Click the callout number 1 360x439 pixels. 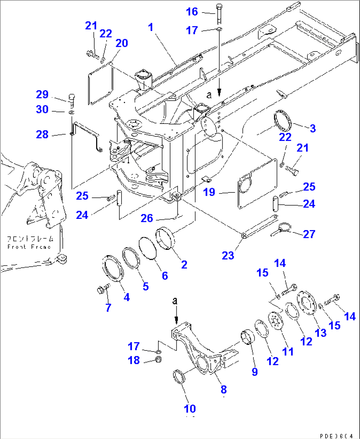[x=151, y=27]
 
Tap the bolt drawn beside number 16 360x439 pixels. [x=219, y=14]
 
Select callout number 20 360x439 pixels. [x=122, y=43]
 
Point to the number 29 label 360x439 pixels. [x=42, y=94]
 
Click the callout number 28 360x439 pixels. [x=42, y=134]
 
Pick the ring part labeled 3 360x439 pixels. [x=283, y=122]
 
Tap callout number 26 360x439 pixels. [x=147, y=218]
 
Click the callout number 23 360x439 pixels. [x=228, y=255]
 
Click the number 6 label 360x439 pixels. [x=165, y=276]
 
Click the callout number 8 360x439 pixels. [x=224, y=389]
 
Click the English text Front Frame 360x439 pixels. [x=29, y=247]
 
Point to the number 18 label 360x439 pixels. [x=134, y=360]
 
